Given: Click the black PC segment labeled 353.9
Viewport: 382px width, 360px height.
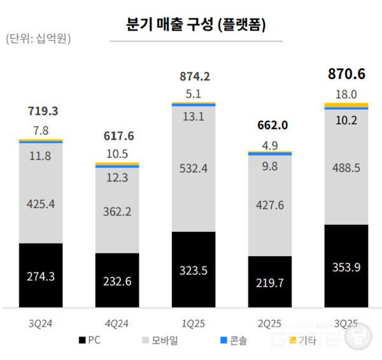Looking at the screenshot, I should [346, 266].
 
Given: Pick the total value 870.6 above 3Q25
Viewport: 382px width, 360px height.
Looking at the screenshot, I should [346, 74].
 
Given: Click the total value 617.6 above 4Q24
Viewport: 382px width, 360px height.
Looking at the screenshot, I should [117, 136].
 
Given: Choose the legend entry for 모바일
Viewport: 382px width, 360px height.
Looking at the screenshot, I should [162, 341].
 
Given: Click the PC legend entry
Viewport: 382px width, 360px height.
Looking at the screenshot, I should [91, 341].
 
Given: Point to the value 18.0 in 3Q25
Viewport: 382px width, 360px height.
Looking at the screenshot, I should [346, 94].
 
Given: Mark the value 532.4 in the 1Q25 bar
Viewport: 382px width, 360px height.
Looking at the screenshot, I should [194, 168].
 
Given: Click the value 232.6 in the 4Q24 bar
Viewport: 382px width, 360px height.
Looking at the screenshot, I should [117, 281].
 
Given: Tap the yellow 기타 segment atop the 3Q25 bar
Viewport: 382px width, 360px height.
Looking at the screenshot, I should [346, 105].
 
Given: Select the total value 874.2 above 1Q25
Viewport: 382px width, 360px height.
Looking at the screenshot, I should [194, 76].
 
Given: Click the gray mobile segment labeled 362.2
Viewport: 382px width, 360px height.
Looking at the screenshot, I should [117, 210].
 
